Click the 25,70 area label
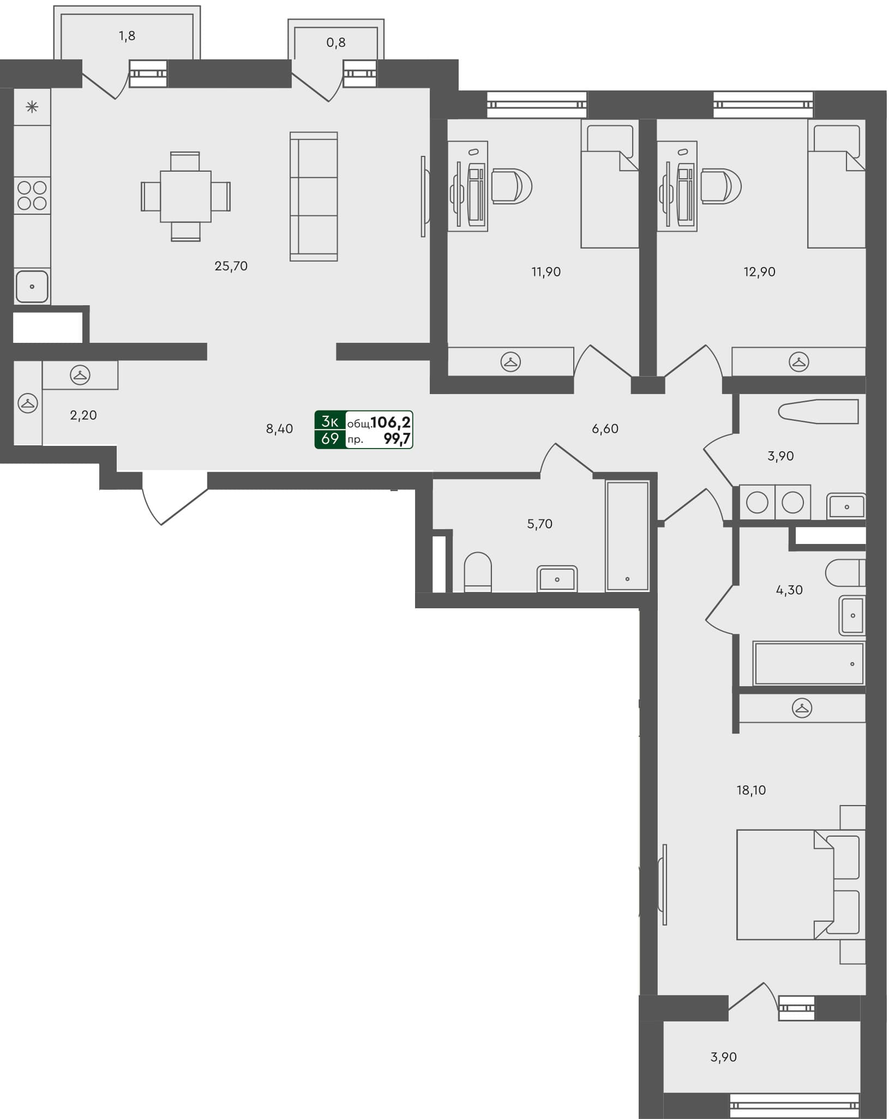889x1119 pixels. coord(231,266)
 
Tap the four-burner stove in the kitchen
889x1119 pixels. coord(32,196)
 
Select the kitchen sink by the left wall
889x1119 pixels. coord(32,286)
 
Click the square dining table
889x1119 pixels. coord(185,196)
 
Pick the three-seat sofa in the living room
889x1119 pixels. coord(314,196)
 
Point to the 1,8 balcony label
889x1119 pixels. coord(127,36)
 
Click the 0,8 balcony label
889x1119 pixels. coord(336,43)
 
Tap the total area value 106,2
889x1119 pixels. coord(391,422)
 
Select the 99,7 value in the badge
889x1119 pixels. coord(397,439)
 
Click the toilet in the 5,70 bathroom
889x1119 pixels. coord(478,572)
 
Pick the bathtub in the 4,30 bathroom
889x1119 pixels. coord(809,664)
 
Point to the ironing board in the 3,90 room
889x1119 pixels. coord(818,412)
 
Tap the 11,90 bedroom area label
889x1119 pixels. coord(546,271)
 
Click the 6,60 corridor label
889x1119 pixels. coord(605,429)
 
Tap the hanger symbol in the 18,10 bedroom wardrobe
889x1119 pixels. coord(802,708)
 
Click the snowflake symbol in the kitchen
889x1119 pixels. coord(32,107)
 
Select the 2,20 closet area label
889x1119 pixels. coord(83,415)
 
